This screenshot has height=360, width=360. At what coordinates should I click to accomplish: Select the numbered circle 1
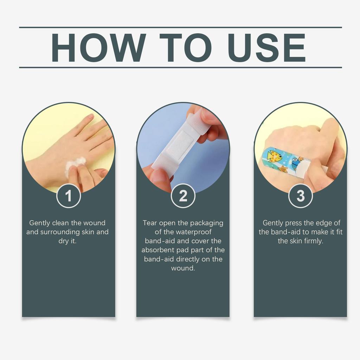(69, 196)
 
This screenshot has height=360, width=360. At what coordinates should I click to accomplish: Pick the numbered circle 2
(183, 196)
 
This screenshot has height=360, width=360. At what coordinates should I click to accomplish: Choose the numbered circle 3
(300, 196)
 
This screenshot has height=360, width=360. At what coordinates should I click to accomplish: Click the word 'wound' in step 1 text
(94, 223)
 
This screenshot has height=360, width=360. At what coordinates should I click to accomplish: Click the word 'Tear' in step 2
(150, 223)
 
